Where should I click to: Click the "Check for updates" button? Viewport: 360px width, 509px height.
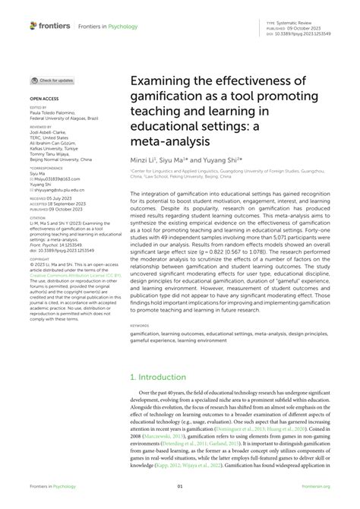(52, 80)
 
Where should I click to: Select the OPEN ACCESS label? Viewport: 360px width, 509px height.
(43, 100)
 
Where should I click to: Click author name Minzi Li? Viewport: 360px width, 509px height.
(143, 161)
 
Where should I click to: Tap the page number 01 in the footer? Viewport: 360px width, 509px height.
(180, 487)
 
